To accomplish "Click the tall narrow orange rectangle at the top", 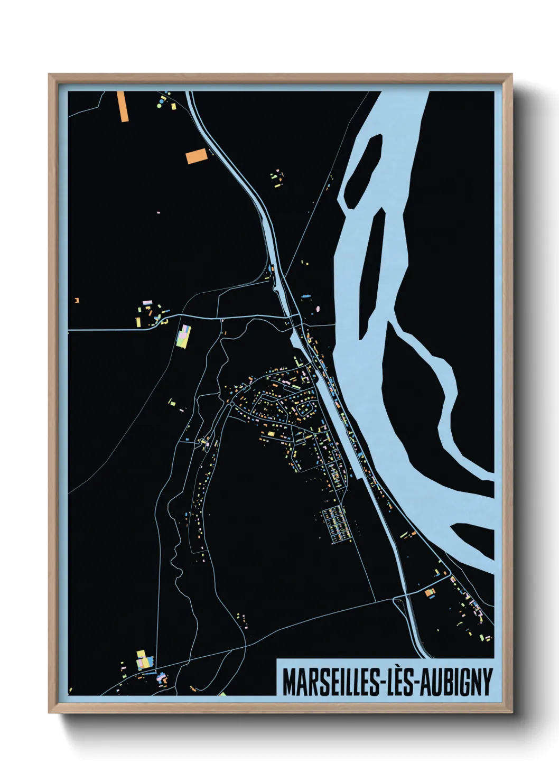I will (x=123, y=106).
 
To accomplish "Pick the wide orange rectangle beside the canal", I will (x=196, y=156).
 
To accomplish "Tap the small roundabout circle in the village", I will (x=232, y=404).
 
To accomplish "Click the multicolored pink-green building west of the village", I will (x=183, y=336).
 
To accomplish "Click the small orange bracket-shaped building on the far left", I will (x=77, y=300).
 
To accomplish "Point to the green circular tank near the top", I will (x=159, y=106).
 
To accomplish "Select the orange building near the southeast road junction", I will (x=430, y=592).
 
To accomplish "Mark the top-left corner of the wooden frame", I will (x=50, y=75).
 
